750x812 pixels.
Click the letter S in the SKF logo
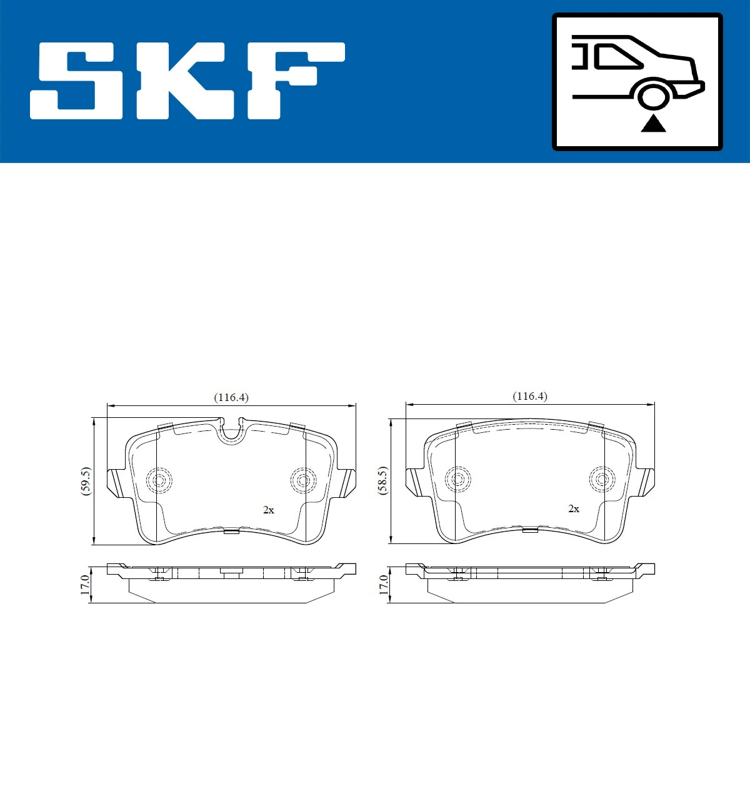[76, 81]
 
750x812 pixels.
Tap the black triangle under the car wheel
[653, 124]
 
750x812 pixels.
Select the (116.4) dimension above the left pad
[231, 397]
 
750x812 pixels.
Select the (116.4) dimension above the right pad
[530, 396]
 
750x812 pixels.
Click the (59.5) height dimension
[86, 481]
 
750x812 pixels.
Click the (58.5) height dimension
[382, 480]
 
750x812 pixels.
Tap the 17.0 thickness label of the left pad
[86, 585]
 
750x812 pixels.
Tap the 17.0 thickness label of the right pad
[383, 585]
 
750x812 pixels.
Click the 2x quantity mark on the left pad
[269, 510]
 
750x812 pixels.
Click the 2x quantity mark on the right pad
[574, 508]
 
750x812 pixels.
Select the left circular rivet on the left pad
[159, 480]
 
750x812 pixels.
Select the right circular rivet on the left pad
[303, 480]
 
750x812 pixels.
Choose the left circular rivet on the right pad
[457, 479]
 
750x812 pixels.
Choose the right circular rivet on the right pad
[602, 479]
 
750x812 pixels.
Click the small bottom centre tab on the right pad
[530, 530]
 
